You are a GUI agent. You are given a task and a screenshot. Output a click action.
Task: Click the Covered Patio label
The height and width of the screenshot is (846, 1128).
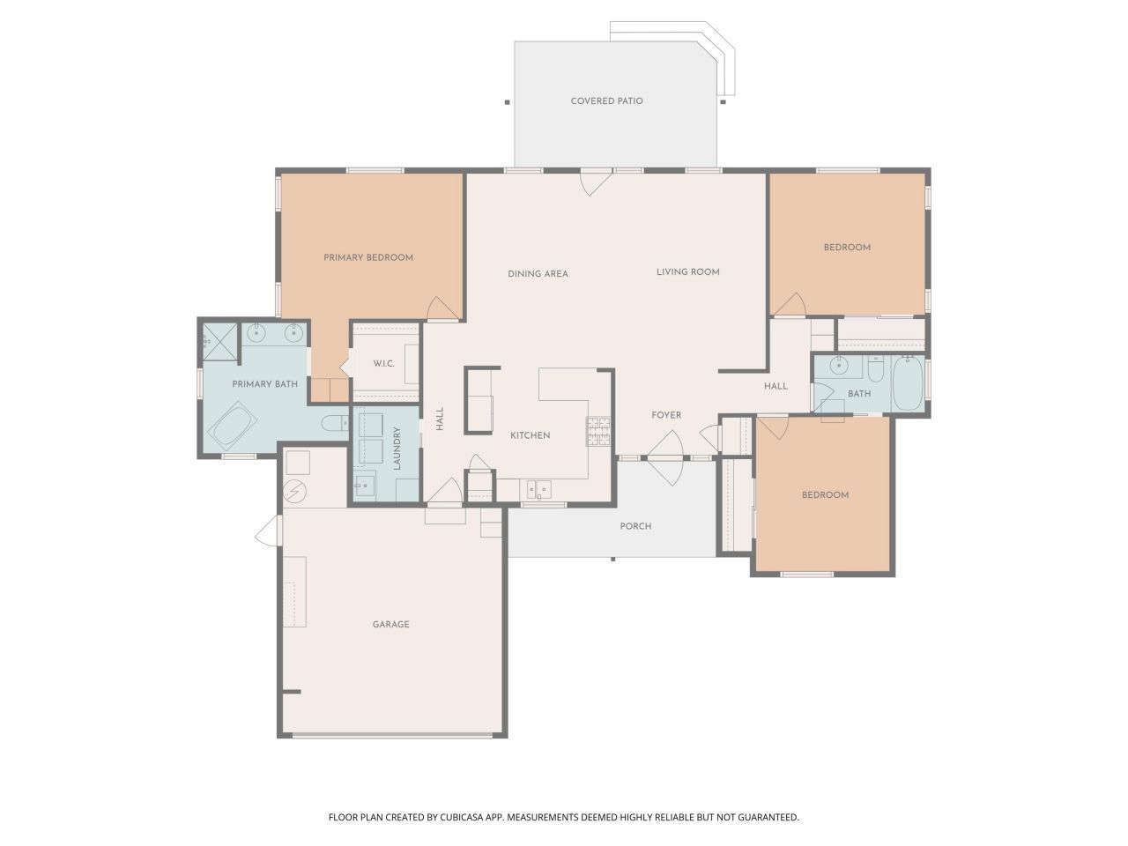[x=606, y=101]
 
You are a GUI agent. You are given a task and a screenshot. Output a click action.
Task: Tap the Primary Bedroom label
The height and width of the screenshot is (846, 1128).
[x=368, y=257]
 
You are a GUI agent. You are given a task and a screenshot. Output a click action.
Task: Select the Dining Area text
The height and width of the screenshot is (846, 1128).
[x=538, y=274]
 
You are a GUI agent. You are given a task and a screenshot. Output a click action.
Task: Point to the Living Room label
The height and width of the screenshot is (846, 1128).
[x=687, y=271]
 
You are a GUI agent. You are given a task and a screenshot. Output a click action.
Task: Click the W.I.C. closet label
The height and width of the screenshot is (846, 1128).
[x=383, y=364]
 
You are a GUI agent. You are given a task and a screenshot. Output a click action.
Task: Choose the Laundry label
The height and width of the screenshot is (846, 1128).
[x=397, y=448]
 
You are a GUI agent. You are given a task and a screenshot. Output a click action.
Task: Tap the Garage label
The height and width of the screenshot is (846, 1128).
[x=390, y=624]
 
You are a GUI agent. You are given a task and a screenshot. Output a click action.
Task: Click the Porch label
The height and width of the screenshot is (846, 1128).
[x=635, y=526]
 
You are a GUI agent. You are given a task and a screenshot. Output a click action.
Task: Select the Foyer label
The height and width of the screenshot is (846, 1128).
[x=666, y=415]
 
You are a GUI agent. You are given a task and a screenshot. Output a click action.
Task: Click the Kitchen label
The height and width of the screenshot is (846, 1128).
[x=530, y=435]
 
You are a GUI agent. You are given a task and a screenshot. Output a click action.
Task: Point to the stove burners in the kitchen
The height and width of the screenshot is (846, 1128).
[x=598, y=430]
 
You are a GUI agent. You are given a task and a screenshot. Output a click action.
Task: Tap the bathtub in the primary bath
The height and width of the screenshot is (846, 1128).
[x=234, y=427]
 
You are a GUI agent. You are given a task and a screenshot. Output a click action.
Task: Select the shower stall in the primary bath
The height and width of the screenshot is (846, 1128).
[x=220, y=340]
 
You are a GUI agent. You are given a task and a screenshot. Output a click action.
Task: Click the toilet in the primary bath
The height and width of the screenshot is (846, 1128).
[x=335, y=423]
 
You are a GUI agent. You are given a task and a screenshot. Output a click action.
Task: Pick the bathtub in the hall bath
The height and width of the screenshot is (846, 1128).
[x=908, y=384]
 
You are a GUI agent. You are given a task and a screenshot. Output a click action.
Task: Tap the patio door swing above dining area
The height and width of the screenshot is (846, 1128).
[x=596, y=182]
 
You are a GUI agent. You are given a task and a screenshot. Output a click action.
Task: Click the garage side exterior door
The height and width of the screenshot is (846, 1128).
[x=269, y=531]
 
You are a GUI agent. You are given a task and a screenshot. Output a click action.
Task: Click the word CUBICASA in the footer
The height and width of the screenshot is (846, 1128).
[x=462, y=817]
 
